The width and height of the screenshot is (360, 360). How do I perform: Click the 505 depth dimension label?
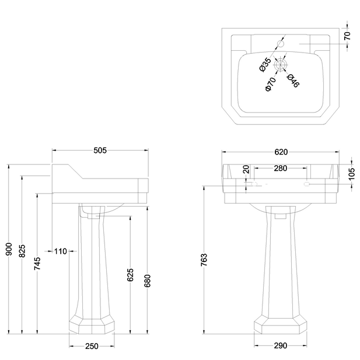tap(100, 151)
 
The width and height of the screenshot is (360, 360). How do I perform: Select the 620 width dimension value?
tap(281, 152)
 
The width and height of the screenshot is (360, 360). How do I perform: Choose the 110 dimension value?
tap(60, 251)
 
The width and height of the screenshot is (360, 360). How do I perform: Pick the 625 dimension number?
tap(130, 274)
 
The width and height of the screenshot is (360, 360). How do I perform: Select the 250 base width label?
tap(92, 346)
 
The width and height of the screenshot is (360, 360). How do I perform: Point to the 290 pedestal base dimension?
tap(281, 346)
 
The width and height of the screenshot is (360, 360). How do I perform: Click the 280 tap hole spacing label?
tap(281, 169)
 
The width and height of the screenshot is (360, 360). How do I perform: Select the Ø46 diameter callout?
tap(293, 81)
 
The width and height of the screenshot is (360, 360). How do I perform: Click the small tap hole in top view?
tap(281, 44)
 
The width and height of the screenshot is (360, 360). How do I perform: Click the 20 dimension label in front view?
tap(246, 170)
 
